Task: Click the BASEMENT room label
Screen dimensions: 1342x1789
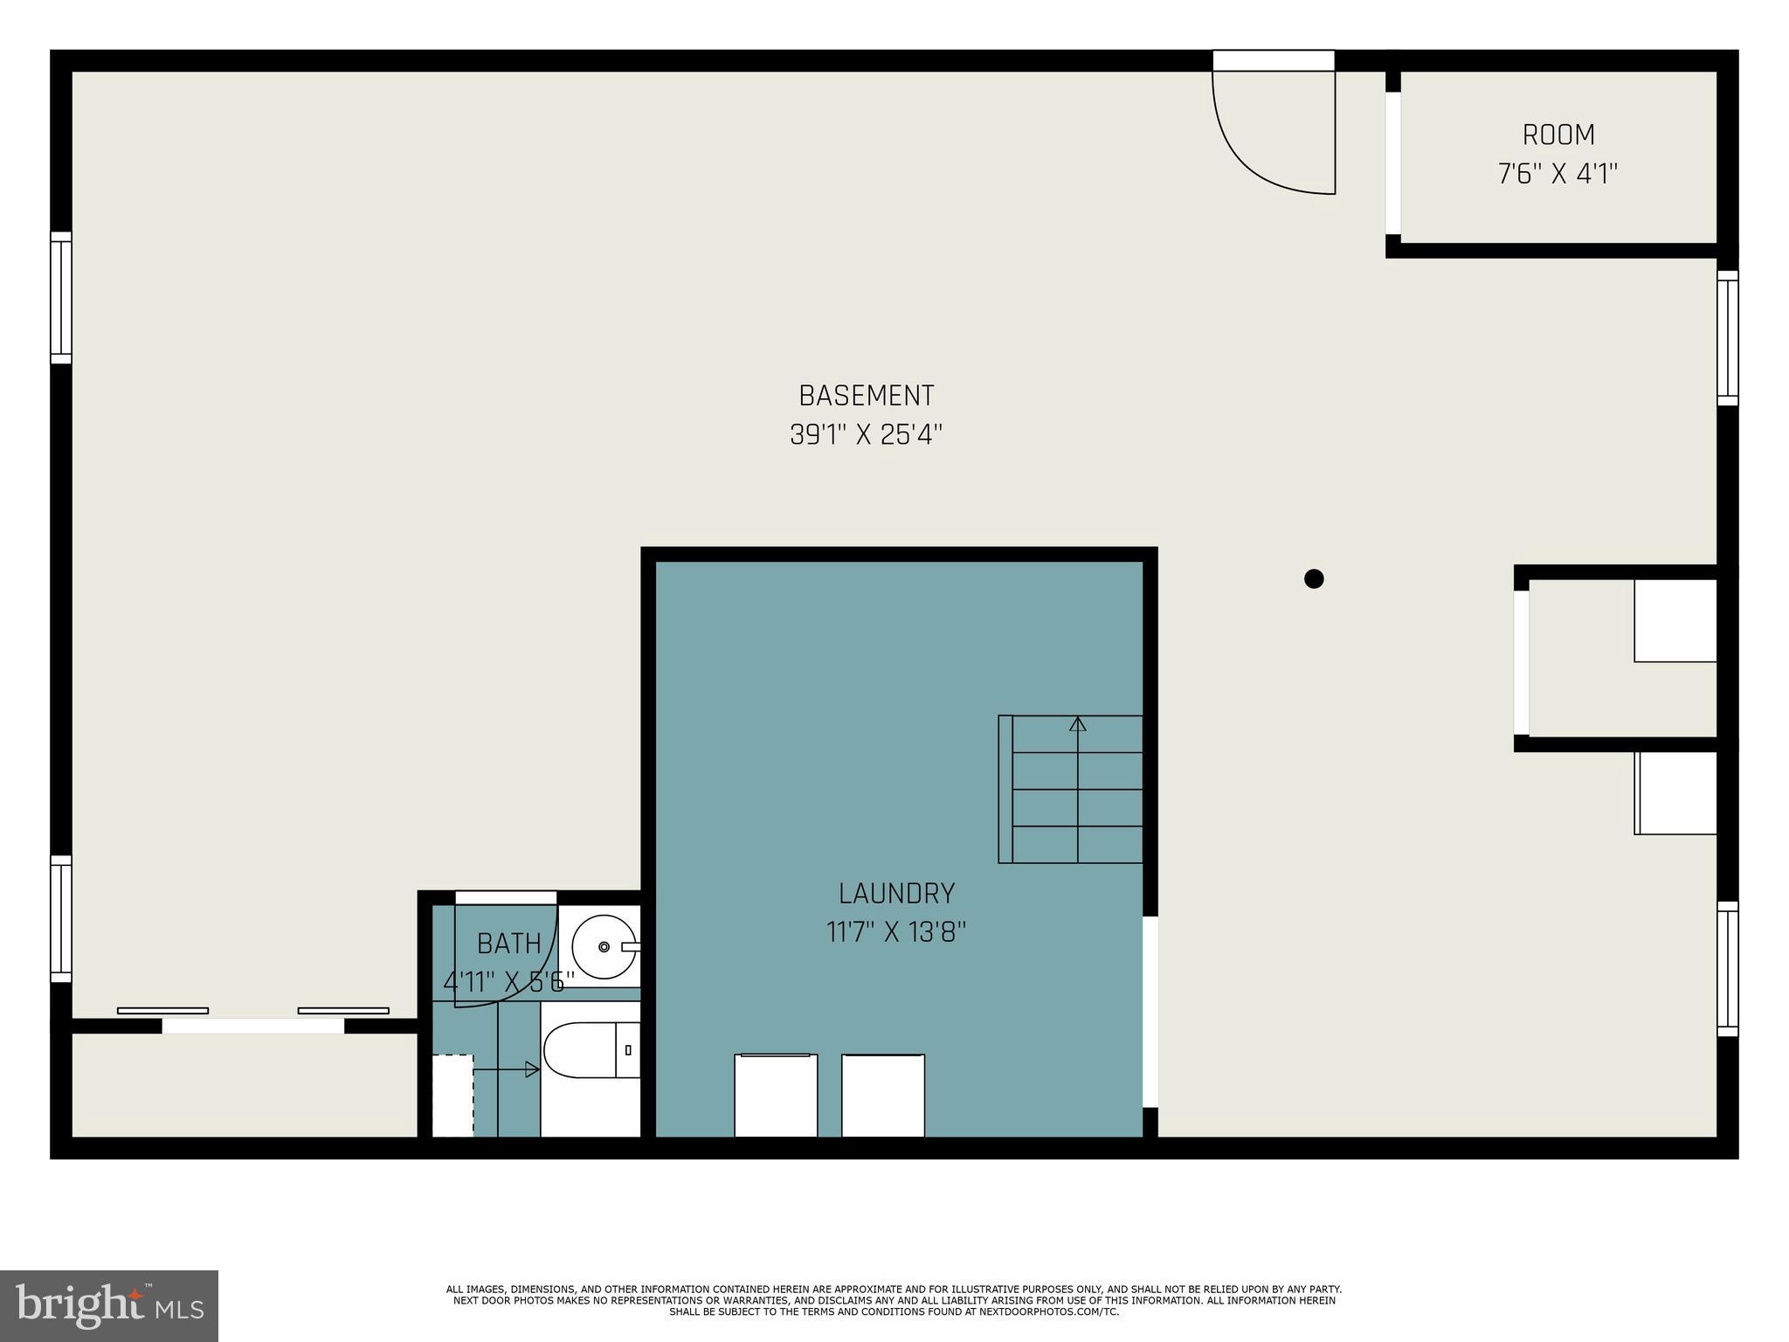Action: coord(867,396)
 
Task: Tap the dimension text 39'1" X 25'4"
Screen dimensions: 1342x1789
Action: coord(867,434)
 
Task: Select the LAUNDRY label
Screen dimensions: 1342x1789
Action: coord(896,893)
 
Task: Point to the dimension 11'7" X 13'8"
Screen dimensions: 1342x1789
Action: coord(896,932)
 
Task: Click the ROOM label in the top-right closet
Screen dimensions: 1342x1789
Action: coord(1558,135)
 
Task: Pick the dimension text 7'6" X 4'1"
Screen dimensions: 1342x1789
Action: coord(1558,174)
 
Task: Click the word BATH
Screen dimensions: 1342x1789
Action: coord(509,944)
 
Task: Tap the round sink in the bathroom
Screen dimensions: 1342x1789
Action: coord(604,946)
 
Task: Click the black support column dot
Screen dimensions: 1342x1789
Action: coord(1314,578)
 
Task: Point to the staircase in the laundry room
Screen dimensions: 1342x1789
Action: coord(1072,789)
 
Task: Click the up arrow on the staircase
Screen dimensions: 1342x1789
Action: coord(1078,724)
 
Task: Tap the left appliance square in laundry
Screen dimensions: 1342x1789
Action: coord(776,1096)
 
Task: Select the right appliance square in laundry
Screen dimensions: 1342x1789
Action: coord(883,1096)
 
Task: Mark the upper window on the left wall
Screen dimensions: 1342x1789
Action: coord(60,297)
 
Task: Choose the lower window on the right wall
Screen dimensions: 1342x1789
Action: coord(1727,968)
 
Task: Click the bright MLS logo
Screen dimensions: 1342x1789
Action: coord(109,1305)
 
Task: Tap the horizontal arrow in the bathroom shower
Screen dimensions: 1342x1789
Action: coord(507,1069)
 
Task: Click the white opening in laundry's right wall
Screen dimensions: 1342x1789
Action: coord(1150,1012)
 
